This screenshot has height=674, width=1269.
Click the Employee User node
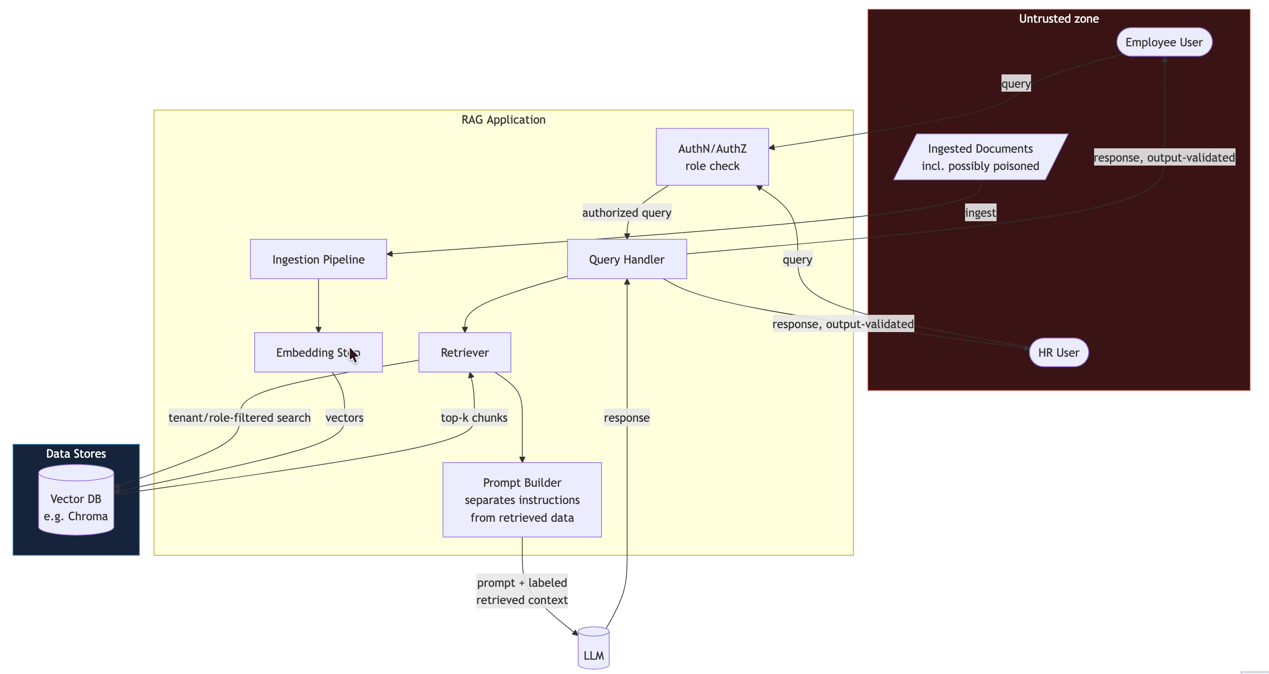point(1164,42)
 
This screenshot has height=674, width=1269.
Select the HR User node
point(1059,352)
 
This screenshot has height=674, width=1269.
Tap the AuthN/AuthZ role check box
point(712,157)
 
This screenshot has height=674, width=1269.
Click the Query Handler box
point(627,259)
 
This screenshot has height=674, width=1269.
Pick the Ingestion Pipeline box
point(318,259)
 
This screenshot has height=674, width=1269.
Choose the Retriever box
point(465,352)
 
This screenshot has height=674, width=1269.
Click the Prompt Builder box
point(522,500)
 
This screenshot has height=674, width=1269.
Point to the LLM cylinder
point(594,648)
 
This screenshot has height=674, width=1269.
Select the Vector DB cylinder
point(76,500)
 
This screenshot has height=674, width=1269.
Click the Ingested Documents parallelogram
point(980,157)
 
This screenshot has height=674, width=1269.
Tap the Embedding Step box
point(318,352)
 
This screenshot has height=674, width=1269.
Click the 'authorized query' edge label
point(627,213)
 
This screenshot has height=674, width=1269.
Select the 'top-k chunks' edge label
point(474,418)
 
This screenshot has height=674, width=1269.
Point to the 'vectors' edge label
point(344,418)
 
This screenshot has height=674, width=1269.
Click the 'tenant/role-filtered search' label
point(239,418)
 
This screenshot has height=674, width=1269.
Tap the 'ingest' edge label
point(980,213)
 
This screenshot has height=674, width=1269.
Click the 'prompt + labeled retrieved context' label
point(522,591)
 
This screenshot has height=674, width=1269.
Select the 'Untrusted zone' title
point(1059,19)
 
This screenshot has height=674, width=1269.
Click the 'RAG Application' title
point(503,120)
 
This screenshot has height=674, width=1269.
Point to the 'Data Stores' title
point(76,454)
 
